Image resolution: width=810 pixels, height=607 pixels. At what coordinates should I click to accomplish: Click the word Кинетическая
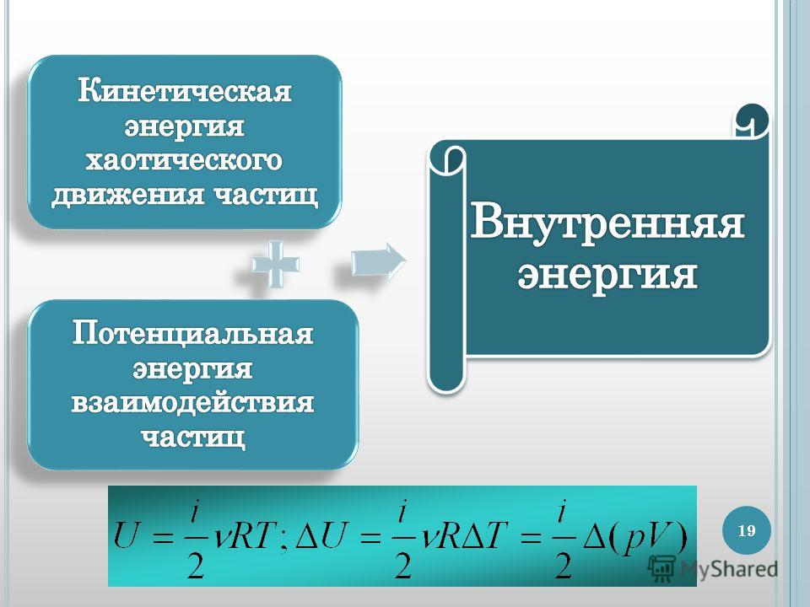(x=185, y=91)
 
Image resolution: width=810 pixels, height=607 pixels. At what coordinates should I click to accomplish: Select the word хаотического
(x=184, y=160)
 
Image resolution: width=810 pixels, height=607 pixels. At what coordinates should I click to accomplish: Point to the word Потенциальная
(x=192, y=334)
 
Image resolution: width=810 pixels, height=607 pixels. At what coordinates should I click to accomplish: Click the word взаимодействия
(x=192, y=403)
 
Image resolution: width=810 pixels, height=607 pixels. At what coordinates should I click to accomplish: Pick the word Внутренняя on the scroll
(x=607, y=222)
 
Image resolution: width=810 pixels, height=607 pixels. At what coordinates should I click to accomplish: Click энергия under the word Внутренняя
(x=607, y=273)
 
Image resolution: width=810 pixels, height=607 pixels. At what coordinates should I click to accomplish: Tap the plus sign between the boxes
(x=275, y=264)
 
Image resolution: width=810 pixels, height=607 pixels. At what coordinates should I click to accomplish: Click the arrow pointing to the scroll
(x=379, y=262)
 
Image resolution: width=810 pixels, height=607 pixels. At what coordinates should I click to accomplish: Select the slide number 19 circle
(x=747, y=530)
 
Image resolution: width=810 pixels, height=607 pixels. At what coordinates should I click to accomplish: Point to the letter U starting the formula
(x=127, y=534)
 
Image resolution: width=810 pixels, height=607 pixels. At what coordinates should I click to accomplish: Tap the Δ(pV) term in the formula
(x=635, y=537)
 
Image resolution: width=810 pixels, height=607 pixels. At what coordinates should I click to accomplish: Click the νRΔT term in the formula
(x=465, y=534)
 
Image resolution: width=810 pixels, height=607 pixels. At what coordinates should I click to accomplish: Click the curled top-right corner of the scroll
(x=752, y=121)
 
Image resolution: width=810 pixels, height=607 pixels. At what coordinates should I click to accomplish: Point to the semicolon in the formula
(x=283, y=542)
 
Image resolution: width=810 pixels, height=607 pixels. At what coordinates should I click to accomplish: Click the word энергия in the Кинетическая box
(x=185, y=126)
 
